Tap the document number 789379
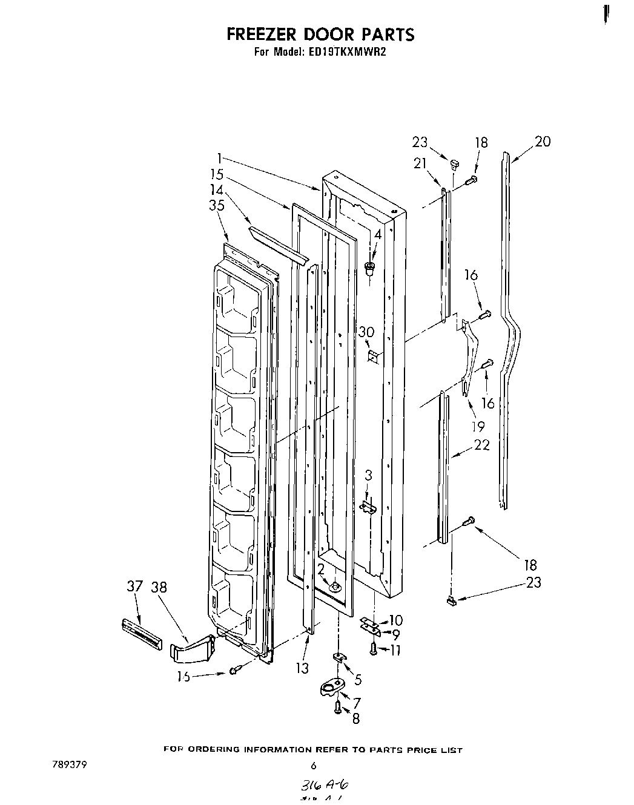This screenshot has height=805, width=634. (x=70, y=764)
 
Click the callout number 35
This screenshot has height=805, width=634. (x=216, y=205)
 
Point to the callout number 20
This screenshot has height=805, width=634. (x=543, y=141)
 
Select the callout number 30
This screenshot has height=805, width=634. (x=366, y=332)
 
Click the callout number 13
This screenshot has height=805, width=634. (x=303, y=668)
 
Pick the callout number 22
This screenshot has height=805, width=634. (x=481, y=445)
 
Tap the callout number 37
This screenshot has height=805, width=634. (x=134, y=586)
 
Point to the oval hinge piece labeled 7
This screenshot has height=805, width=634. (x=330, y=688)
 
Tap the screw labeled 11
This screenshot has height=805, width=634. (x=374, y=649)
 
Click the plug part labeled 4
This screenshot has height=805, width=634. (x=370, y=268)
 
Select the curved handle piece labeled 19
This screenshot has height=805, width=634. (x=469, y=357)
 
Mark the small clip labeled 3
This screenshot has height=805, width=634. (x=367, y=505)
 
